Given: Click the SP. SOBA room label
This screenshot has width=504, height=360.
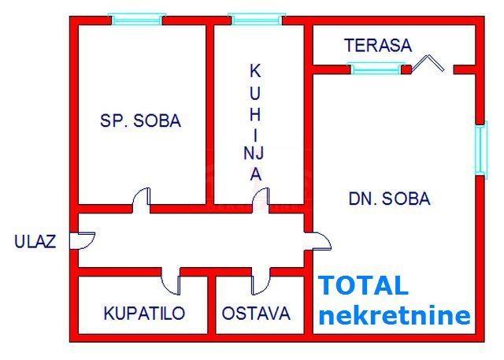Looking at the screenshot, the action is [140, 121].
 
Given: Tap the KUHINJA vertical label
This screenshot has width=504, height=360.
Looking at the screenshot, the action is [255, 122].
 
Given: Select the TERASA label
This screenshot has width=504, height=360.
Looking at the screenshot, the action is [378, 46].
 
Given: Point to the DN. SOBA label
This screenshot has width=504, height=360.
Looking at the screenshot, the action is [390, 199].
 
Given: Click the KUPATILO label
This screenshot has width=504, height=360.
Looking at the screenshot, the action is [144, 313].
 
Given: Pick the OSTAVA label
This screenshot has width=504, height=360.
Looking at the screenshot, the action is [256, 313].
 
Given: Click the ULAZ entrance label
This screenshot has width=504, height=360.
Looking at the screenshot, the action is [35, 241].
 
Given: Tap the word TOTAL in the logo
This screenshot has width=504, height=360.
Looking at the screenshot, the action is [364, 285].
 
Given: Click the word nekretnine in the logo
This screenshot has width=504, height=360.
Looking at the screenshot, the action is [395, 314].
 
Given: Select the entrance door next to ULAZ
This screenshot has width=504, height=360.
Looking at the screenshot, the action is [82, 240].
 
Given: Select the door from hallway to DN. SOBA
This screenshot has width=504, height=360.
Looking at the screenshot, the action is [318, 241].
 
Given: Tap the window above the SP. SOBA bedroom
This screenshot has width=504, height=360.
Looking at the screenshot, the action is [137, 19].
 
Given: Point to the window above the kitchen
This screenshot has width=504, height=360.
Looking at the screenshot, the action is [257, 19].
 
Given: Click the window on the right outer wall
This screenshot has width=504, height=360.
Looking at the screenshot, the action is [481, 150].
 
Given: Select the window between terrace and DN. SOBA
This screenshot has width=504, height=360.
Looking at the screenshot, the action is [376, 69].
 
